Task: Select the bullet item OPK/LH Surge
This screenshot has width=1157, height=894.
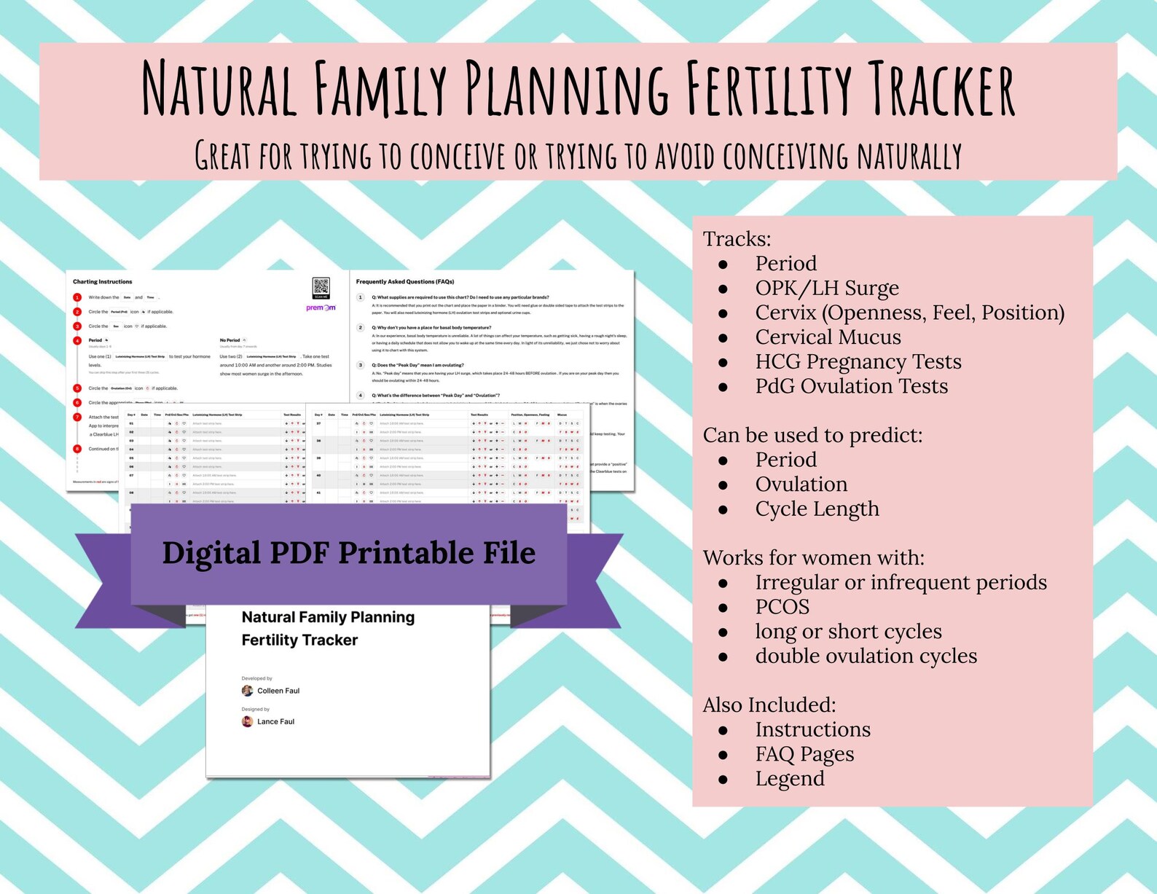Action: click(x=826, y=288)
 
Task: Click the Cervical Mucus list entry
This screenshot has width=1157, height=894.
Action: click(x=828, y=337)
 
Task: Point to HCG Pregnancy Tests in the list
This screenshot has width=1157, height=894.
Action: click(x=858, y=361)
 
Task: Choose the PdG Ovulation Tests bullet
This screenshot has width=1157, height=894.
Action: click(x=851, y=386)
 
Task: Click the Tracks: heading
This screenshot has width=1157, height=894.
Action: click(x=737, y=239)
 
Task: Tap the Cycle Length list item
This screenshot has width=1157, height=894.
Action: click(x=817, y=509)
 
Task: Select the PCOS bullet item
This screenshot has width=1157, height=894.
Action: click(x=782, y=606)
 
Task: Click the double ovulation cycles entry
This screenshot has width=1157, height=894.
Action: click(x=866, y=656)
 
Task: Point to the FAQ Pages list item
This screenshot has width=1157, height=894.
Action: click(x=804, y=754)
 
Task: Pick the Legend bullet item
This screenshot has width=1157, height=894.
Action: click(x=790, y=778)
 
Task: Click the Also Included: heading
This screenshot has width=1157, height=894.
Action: click(x=769, y=705)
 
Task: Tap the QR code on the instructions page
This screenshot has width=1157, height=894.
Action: click(x=321, y=287)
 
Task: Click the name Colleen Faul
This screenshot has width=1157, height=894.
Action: click(x=278, y=691)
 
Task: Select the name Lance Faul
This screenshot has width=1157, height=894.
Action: click(x=275, y=721)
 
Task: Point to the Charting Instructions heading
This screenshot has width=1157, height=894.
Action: click(x=103, y=281)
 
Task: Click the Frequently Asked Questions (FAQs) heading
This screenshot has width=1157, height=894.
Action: click(x=405, y=281)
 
